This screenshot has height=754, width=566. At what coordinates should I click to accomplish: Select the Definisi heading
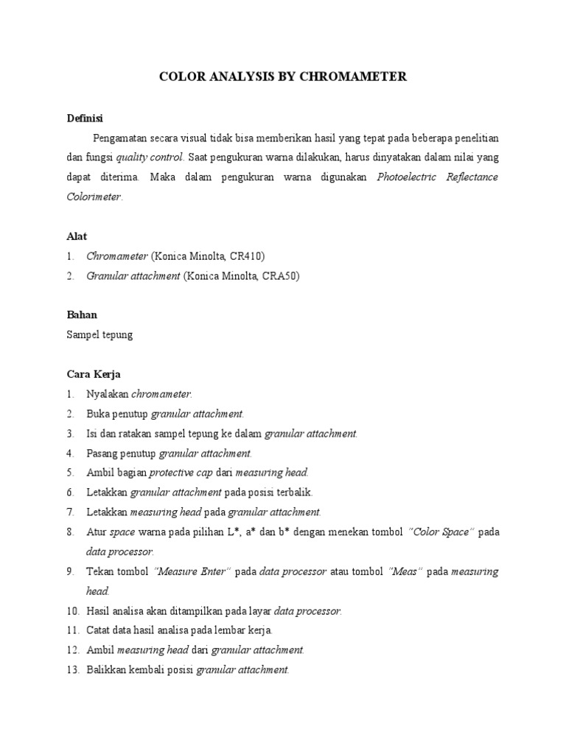pyautogui.click(x=85, y=118)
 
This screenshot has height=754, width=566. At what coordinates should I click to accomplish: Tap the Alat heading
pyautogui.click(x=77, y=236)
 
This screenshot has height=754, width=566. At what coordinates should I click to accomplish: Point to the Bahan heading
pyautogui.click(x=82, y=314)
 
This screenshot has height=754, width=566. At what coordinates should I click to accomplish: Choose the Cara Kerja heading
pyautogui.click(x=94, y=374)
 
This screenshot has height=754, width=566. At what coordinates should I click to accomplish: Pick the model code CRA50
pyautogui.click(x=277, y=276)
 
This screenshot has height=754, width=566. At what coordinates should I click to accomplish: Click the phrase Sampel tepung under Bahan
pyautogui.click(x=100, y=334)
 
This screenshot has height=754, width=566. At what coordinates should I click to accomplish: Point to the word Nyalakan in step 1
pyautogui.click(x=108, y=394)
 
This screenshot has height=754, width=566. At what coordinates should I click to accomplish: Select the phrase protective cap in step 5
pyautogui.click(x=181, y=473)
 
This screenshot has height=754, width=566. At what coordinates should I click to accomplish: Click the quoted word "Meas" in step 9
pyautogui.click(x=405, y=571)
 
